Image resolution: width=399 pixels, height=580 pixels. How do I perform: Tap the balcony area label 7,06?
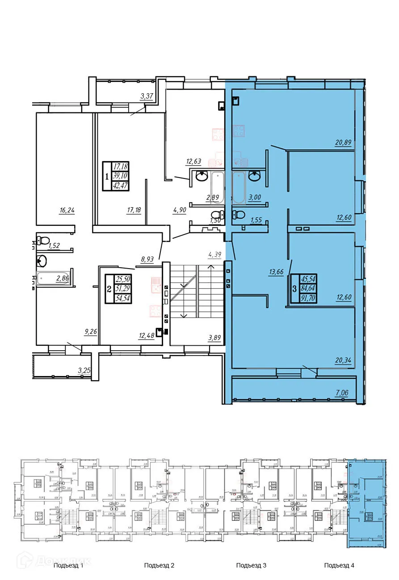click(344, 393)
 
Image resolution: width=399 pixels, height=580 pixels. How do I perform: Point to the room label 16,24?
click(66, 210)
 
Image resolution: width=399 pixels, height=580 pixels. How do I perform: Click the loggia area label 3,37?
click(147, 96)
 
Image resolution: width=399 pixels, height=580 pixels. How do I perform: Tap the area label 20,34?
click(343, 360)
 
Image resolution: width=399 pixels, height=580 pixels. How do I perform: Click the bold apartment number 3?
click(294, 289)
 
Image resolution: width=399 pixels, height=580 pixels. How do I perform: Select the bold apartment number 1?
click(107, 176)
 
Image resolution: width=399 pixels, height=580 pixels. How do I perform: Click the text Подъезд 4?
click(339, 565)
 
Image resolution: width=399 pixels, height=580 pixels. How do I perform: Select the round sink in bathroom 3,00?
click(256, 176)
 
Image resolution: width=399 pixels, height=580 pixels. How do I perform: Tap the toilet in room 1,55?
click(239, 215)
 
